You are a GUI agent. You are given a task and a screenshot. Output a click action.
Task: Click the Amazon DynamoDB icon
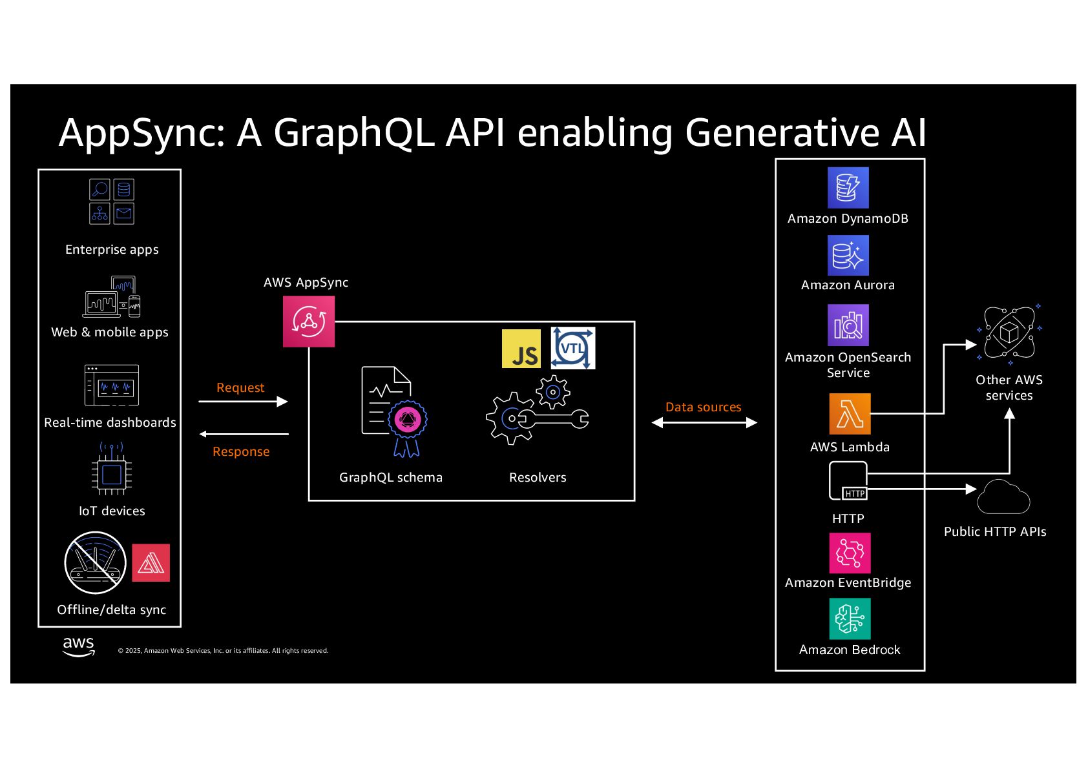[x=848, y=188]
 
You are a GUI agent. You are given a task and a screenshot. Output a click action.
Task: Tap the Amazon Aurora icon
[x=848, y=255]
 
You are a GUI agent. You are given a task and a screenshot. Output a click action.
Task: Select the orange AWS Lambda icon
[x=850, y=414]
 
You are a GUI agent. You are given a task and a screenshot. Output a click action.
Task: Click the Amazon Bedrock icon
[x=850, y=619]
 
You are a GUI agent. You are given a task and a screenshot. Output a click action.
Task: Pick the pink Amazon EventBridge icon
[x=850, y=553]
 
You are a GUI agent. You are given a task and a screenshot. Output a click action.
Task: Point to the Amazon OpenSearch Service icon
[x=848, y=325]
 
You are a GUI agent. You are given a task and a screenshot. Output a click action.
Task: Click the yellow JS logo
[x=521, y=349]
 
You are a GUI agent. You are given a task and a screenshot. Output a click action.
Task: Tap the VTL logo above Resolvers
[x=572, y=349]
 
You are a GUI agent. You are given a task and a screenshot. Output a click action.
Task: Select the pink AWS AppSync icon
[x=309, y=322]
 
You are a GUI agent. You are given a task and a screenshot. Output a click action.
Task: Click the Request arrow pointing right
[x=243, y=402]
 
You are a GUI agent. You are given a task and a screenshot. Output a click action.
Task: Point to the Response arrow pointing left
[x=244, y=434]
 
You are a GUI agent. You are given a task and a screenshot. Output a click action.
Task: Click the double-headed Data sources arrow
[x=704, y=423]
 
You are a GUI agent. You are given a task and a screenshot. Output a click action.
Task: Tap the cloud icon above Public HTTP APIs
[x=1003, y=498]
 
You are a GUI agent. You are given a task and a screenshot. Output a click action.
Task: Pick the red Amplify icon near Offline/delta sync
[x=151, y=563]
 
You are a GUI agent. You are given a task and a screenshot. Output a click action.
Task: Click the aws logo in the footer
[x=79, y=646]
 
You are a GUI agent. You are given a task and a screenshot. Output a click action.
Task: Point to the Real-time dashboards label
[x=110, y=422]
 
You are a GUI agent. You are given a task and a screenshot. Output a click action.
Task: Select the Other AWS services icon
[x=1009, y=334]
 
